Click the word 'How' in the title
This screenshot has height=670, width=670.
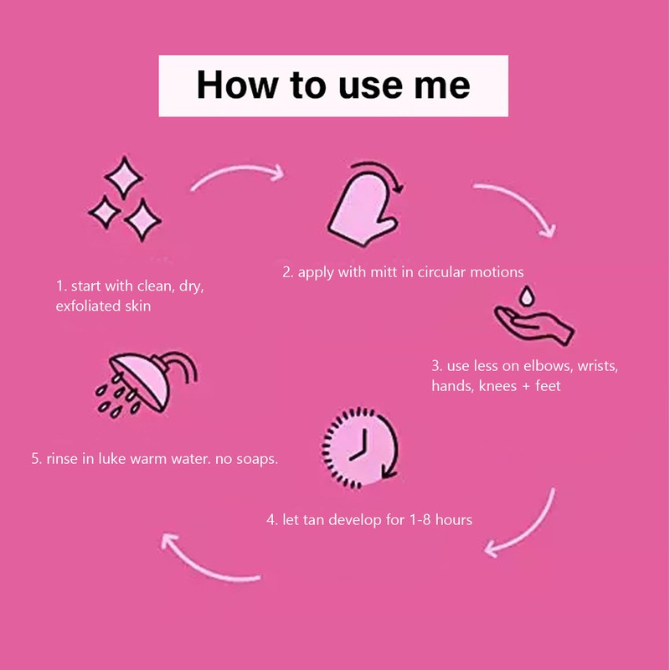click(237, 85)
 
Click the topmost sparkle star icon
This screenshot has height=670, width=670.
click(124, 178)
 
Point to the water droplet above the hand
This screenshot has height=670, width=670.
click(527, 296)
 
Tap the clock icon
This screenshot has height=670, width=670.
click(360, 448)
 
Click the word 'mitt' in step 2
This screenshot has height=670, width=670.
click(384, 272)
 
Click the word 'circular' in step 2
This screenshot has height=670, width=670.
click(441, 272)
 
